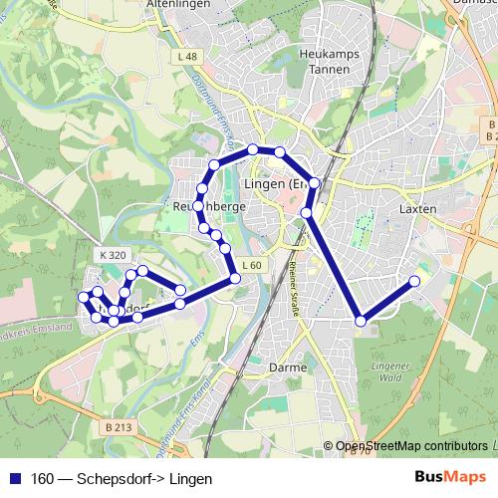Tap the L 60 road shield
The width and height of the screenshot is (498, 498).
[251, 265]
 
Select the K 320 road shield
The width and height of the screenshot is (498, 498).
[114, 255]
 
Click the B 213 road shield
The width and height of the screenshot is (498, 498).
[118, 426]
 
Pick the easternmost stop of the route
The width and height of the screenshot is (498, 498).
[414, 281]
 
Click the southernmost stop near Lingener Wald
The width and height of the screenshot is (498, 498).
[361, 321]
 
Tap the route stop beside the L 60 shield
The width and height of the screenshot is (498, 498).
[235, 278]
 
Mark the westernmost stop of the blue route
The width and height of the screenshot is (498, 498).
[84, 298]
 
